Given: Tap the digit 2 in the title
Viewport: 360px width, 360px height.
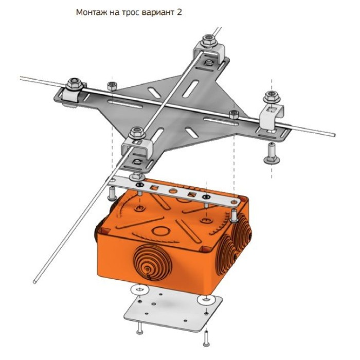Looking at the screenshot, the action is pyautogui.click(x=179, y=12).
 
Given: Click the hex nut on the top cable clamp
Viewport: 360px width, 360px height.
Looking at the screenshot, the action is pyautogui.click(x=208, y=40).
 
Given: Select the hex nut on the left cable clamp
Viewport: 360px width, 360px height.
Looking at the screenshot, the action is pyautogui.click(x=74, y=84).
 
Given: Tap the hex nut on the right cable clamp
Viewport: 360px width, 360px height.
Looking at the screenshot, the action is pyautogui.click(x=272, y=97).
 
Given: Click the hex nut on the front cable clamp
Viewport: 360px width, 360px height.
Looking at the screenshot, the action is pyautogui.click(x=137, y=133).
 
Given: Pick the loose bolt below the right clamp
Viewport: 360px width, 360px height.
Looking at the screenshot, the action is pyautogui.click(x=272, y=153).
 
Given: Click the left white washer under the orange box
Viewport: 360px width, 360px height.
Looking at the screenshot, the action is pyautogui.click(x=139, y=290).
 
